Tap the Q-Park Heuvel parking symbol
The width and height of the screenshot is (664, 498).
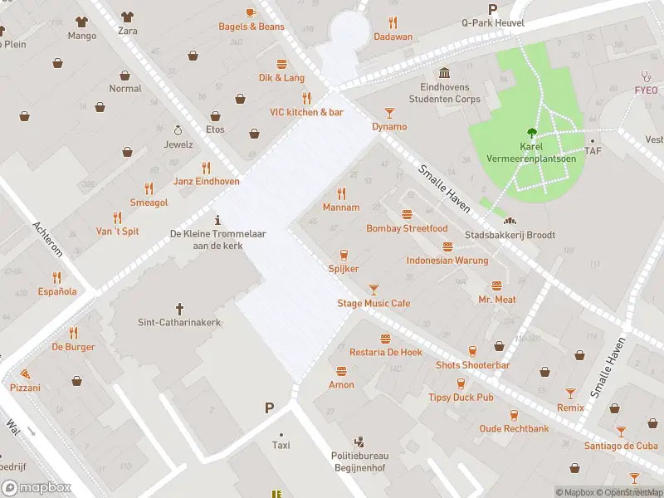(x=493, y=9)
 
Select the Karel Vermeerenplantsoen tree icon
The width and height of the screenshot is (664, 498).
(x=531, y=132)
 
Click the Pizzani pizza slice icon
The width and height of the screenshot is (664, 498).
(x=25, y=373)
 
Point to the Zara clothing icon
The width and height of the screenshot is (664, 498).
(x=126, y=16)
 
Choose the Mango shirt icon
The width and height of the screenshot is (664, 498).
(x=81, y=21)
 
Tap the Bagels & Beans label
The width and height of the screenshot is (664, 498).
(x=251, y=27)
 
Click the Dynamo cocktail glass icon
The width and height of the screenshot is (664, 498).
(x=389, y=112)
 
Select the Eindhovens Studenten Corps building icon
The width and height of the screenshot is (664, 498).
(x=445, y=73)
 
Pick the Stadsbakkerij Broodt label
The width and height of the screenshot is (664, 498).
(x=510, y=235)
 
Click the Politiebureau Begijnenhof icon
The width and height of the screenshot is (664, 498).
(x=359, y=442)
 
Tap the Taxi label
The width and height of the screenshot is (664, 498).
(x=281, y=446)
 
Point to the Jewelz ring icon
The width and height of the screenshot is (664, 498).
(x=178, y=130)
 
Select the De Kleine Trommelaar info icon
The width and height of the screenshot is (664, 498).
(x=217, y=220)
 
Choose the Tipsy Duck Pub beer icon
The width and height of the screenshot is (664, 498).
(x=461, y=383)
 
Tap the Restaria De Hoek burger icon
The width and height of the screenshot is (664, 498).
(x=385, y=339)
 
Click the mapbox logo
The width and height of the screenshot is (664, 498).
(x=37, y=487)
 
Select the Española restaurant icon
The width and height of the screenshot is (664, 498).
(x=56, y=277)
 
